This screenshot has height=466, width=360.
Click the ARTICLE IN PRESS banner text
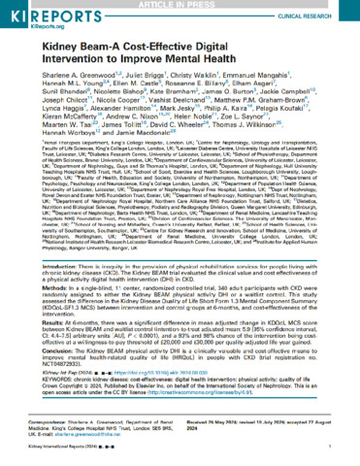[x=180, y=4]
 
